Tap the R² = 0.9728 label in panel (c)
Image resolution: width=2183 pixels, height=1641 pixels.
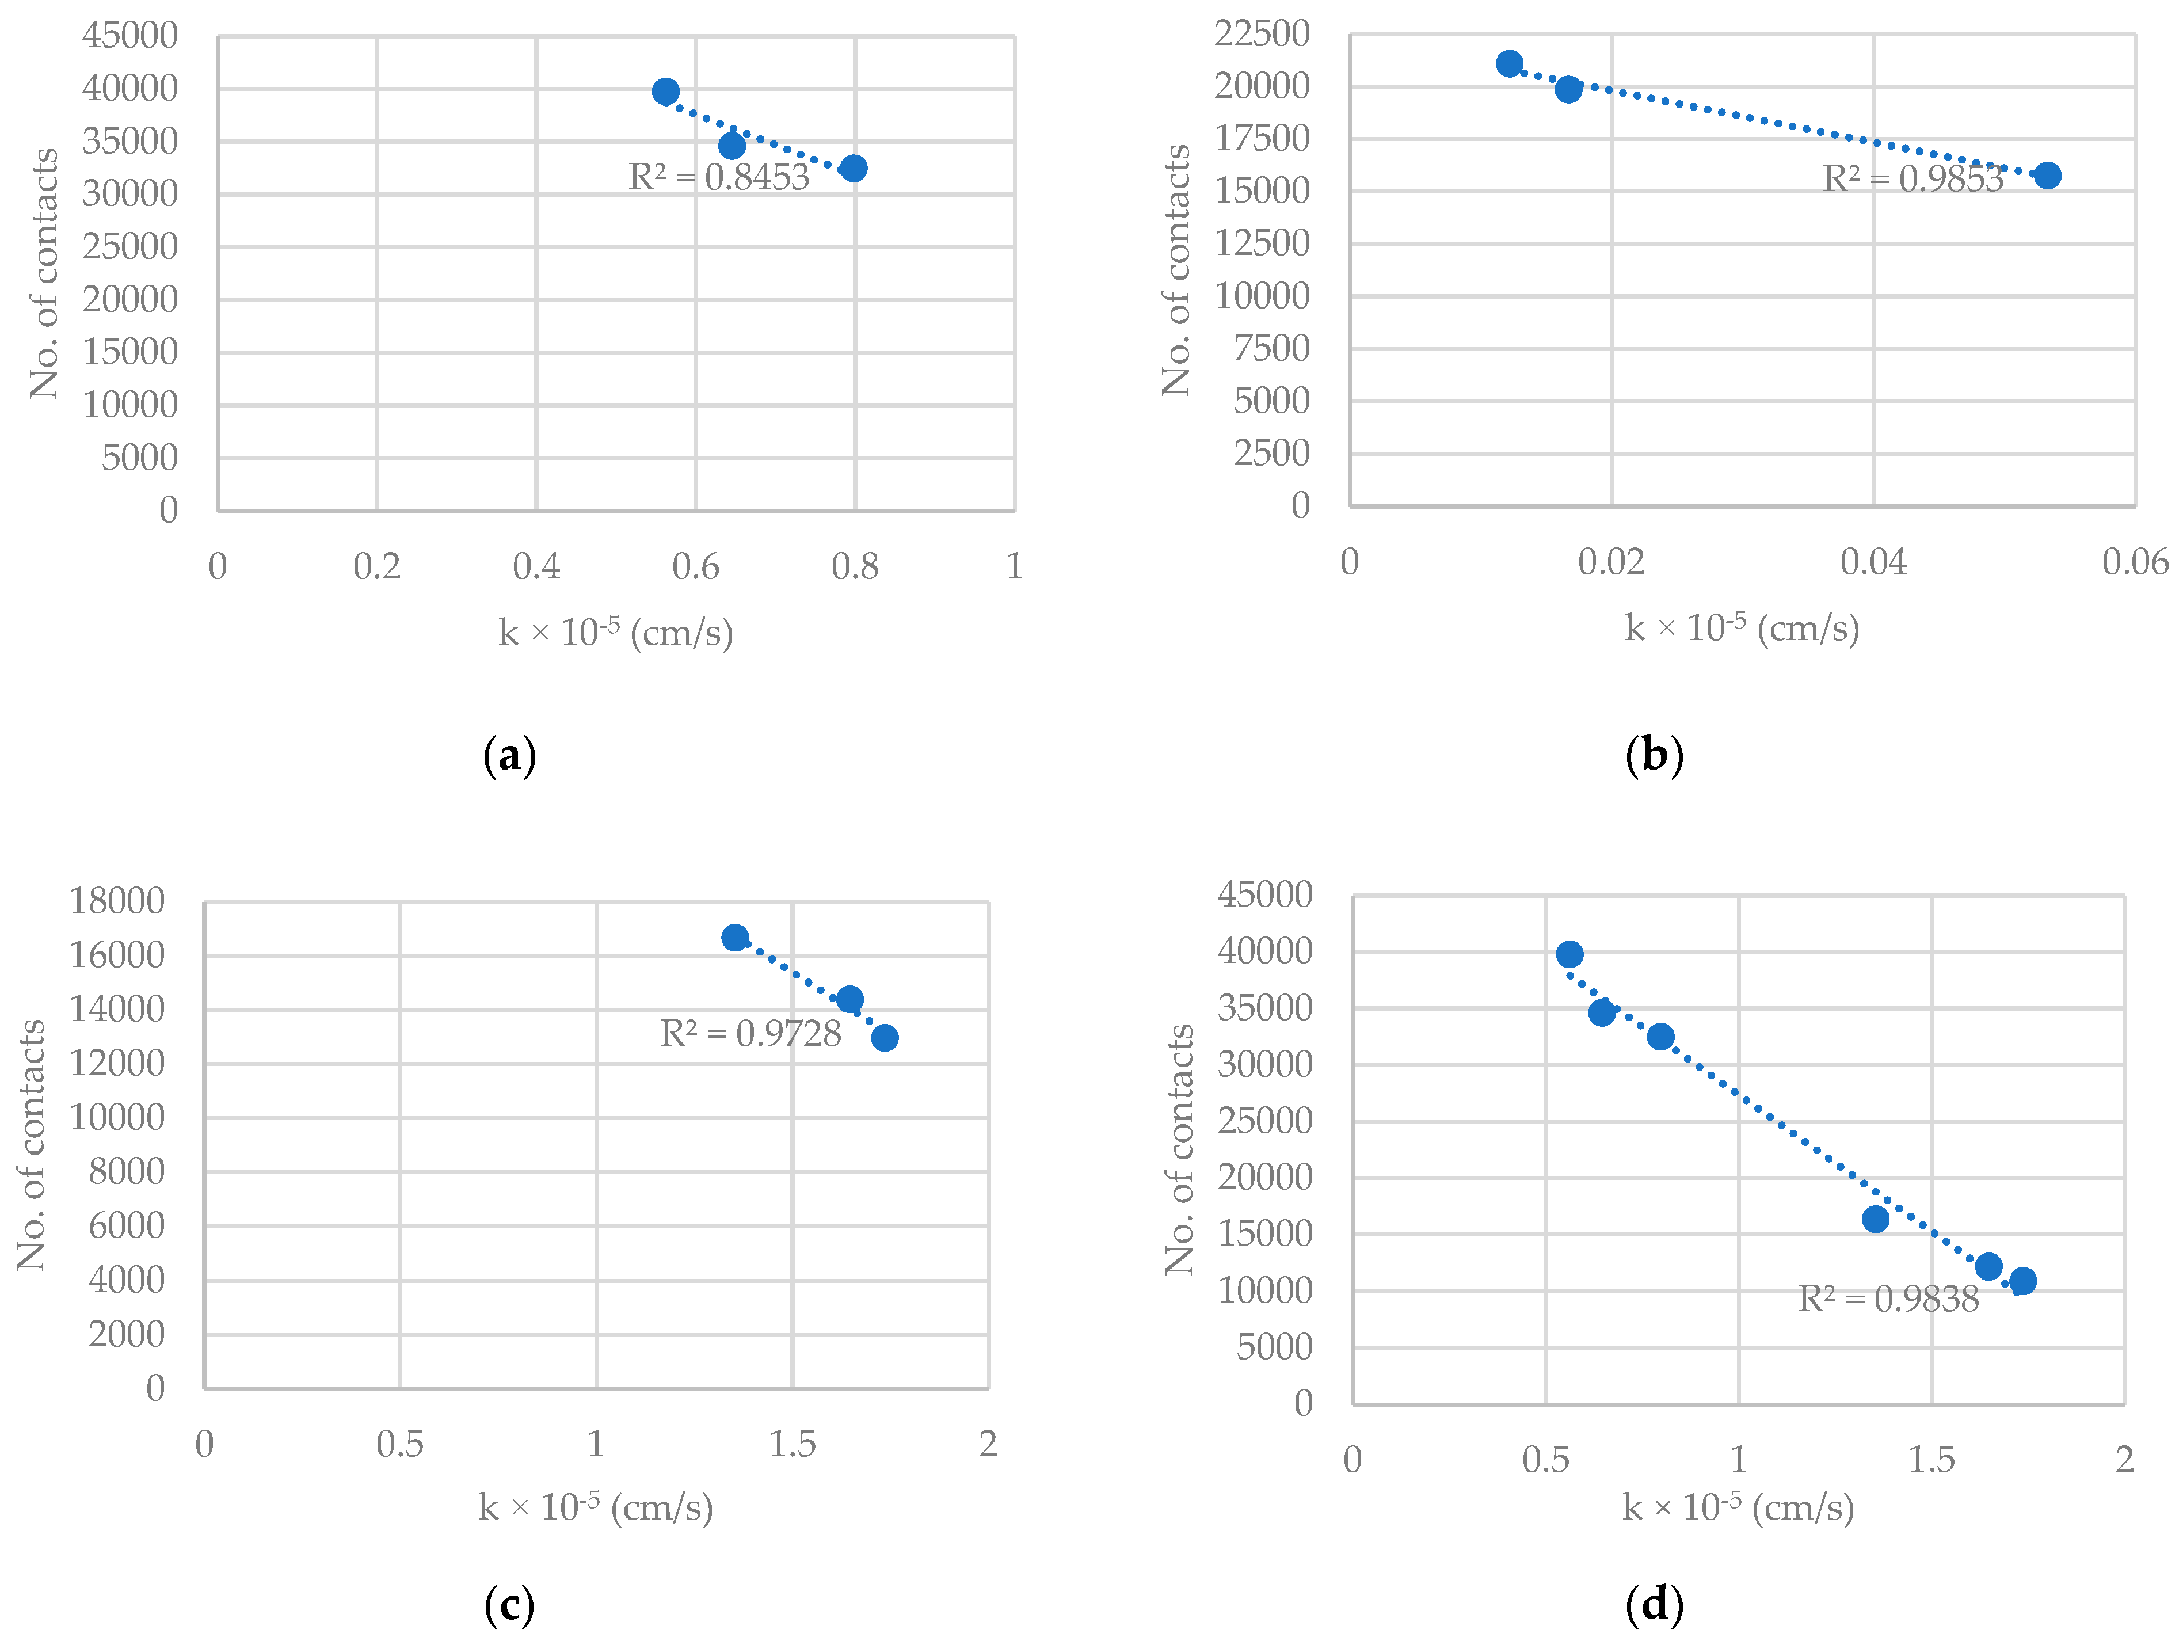(750, 1033)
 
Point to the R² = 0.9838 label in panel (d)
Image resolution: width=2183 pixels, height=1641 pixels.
(1888, 1299)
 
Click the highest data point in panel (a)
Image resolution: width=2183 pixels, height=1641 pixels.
(665, 92)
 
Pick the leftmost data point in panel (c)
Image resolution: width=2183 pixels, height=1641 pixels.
(734, 938)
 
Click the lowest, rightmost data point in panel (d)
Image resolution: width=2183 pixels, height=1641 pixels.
(2022, 1281)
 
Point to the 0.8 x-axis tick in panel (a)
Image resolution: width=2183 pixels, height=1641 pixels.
(855, 566)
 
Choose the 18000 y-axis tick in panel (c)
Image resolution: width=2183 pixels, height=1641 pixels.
(116, 901)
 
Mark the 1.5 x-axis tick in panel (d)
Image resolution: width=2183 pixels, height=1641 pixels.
(1930, 1460)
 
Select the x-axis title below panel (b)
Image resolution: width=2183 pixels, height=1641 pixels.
(1742, 627)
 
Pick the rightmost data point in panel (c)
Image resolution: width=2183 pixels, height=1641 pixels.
(884, 1037)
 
